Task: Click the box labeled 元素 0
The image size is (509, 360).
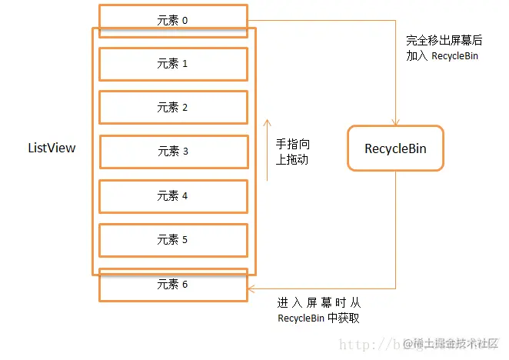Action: [x=173, y=21]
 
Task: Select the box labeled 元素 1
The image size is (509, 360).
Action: [x=173, y=64]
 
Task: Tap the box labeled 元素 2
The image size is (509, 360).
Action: [x=173, y=108]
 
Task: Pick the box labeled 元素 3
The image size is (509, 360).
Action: [x=173, y=152]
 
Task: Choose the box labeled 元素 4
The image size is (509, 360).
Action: [x=173, y=195]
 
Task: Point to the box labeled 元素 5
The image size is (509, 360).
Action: [x=173, y=239]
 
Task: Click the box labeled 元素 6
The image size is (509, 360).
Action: [x=173, y=284]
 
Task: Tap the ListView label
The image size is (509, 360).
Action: [x=52, y=148]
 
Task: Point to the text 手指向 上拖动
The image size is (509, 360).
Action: [x=293, y=152]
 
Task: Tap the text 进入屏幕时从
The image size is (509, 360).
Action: [x=318, y=304]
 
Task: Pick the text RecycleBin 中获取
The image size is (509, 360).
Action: [x=318, y=318]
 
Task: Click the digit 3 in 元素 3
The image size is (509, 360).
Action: [x=185, y=152]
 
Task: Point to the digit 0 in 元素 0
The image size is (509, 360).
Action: [x=185, y=21]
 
